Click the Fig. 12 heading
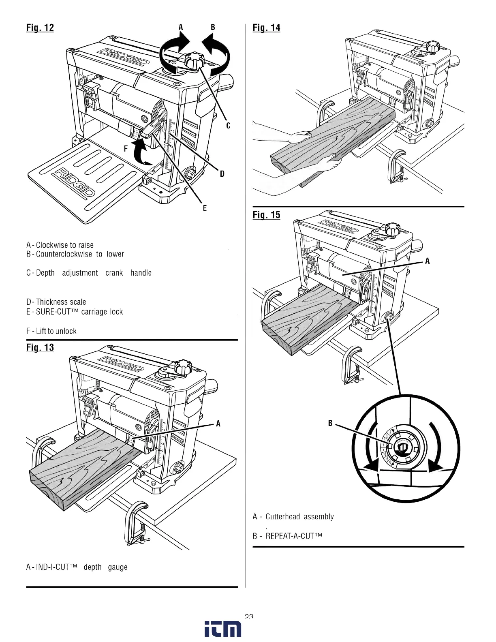(x=40, y=28)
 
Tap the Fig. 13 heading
(x=40, y=347)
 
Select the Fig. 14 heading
(x=266, y=28)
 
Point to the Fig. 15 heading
(x=266, y=215)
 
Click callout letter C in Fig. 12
(x=228, y=126)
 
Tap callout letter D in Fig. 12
(x=222, y=174)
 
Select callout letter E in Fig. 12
(x=205, y=208)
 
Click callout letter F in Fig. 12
(x=126, y=149)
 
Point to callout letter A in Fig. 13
(x=218, y=424)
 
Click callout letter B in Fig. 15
(x=330, y=423)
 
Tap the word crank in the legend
(x=114, y=273)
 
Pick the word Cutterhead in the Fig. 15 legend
(x=282, y=517)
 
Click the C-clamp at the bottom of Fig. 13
(x=137, y=523)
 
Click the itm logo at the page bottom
(x=222, y=629)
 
